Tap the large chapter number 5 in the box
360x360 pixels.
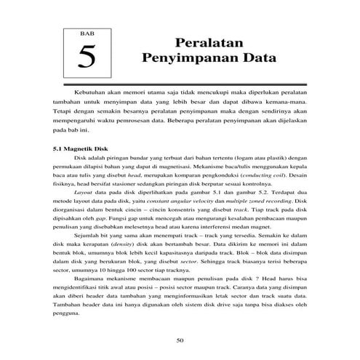click(x=88, y=55)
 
